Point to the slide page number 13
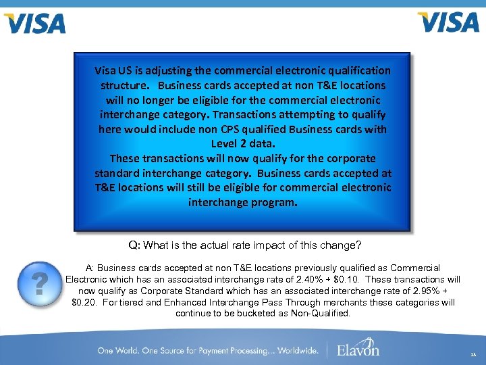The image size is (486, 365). pos(473,354)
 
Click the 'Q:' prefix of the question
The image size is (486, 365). pos(135,245)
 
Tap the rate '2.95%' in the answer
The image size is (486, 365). pos(421,291)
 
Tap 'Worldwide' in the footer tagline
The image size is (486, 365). pos(294,350)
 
